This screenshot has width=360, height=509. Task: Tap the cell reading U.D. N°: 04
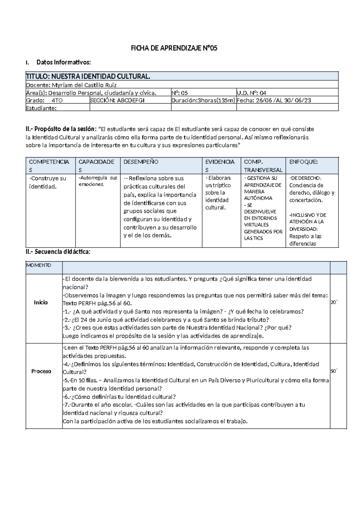tap(251, 93)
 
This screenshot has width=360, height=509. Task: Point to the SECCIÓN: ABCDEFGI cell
tap(117, 101)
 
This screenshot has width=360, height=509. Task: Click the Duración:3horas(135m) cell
tap(203, 101)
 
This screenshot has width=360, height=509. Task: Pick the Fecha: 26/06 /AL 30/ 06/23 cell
tap(274, 101)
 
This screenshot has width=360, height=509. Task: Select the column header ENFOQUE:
tap(303, 162)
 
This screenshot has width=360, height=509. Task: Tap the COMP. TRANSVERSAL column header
tap(263, 166)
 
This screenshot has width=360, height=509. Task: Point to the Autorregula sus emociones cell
tap(98, 181)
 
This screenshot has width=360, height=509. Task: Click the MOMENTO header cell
tap(39, 265)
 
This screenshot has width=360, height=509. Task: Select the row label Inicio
tap(41, 302)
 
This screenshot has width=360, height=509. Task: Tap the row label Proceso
tap(41, 371)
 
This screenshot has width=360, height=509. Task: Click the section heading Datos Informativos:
tap(63, 62)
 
